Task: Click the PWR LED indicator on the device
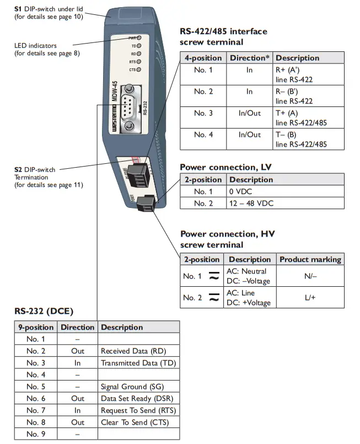139,39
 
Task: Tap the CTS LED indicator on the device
139,70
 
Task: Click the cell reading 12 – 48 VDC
251,204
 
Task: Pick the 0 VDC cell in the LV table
240,191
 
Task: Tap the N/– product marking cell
310,276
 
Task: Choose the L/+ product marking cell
310,297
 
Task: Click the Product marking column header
310,259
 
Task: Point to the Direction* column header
250,58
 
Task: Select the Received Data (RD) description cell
133,351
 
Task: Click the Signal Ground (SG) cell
132,387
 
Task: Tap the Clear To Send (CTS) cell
135,422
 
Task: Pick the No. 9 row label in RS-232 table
36,435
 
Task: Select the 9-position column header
36,327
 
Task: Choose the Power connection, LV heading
225,167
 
